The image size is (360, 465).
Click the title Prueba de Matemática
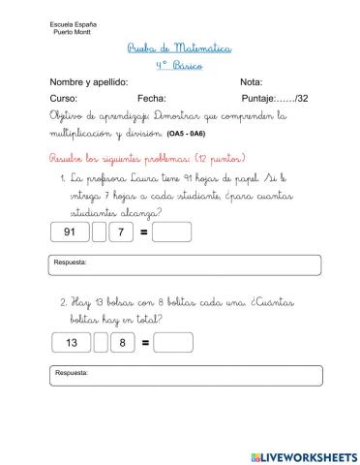180,47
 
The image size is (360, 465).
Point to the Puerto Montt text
44,31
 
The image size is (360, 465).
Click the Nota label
251,82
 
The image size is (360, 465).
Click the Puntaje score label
274,99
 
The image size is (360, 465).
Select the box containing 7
121,232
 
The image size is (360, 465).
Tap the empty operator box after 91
99,232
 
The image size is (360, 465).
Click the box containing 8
123,342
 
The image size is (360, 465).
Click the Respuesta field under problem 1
179,264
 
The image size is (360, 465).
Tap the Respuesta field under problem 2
179,375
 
